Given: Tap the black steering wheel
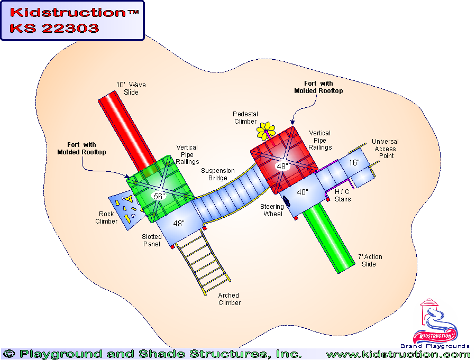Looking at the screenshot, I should [287, 202].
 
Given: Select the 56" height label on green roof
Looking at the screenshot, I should [158, 196].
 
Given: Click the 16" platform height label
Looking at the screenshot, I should [354, 163].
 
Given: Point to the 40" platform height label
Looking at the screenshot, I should [302, 192].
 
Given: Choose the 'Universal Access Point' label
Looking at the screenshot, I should [385, 149].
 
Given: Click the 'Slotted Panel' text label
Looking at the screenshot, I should [151, 241].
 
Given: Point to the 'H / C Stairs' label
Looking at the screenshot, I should [343, 195].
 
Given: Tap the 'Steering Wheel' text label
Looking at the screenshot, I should [272, 210].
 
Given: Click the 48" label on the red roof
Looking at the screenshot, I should [282, 166].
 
